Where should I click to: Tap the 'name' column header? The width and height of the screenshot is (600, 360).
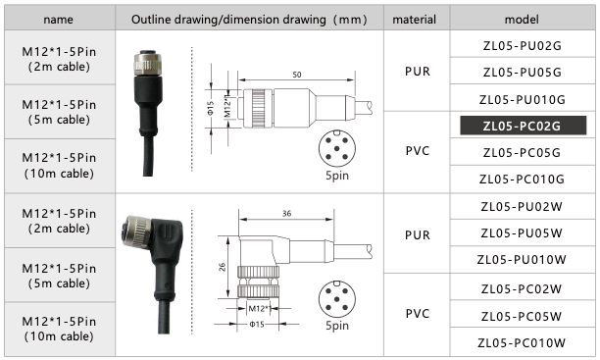tap(59, 19)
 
